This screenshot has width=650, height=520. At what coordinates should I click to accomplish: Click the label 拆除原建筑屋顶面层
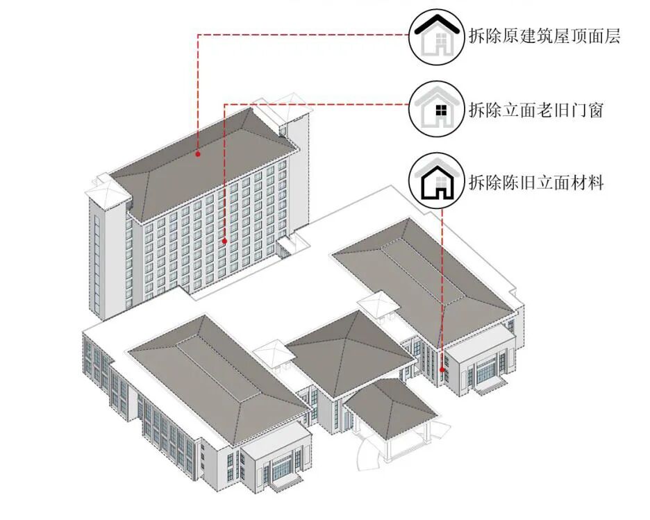(x=544, y=36)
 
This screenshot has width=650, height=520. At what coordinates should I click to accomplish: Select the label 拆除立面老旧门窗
(x=535, y=110)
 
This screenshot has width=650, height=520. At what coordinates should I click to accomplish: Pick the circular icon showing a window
(x=436, y=109)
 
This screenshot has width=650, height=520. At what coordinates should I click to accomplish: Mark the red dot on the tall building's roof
(x=198, y=153)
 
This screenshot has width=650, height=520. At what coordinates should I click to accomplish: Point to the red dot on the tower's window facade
(x=224, y=241)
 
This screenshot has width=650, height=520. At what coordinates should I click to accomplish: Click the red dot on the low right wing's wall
(x=442, y=370)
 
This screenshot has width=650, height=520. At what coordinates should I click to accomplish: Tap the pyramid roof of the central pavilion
(x=351, y=351)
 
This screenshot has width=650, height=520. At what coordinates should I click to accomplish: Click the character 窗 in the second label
(x=594, y=110)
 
